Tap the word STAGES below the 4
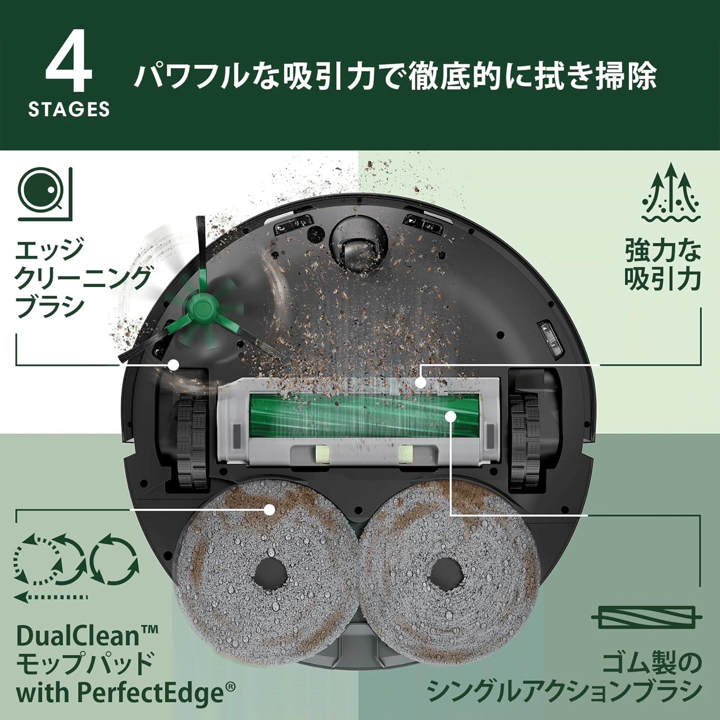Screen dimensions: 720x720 (69, 109)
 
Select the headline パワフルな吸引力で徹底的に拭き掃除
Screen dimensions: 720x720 (395, 76)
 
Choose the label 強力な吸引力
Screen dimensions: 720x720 (662, 264)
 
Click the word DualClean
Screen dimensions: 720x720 (77, 636)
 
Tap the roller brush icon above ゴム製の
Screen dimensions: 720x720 (647, 617)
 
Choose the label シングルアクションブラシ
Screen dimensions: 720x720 (564, 691)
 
